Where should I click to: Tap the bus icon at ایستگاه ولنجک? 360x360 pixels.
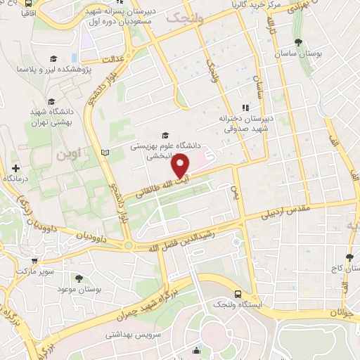pos(238,293)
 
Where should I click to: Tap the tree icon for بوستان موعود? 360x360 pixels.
pos(78,279)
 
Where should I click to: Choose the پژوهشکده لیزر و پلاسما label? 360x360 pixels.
pos(50,72)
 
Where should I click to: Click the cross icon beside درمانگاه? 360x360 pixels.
pos(15,168)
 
